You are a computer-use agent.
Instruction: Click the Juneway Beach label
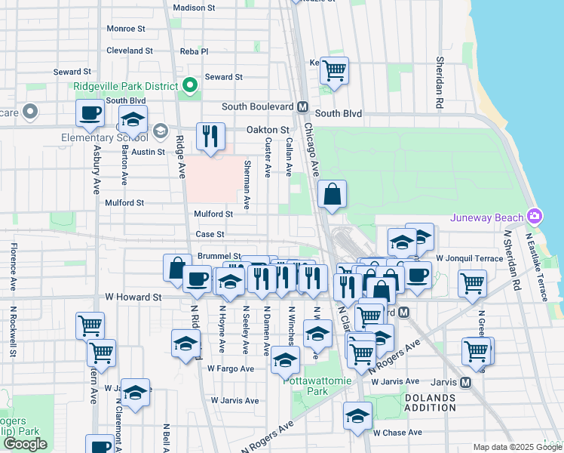487,218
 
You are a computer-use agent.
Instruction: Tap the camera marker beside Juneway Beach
535,217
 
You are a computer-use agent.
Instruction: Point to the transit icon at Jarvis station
465,382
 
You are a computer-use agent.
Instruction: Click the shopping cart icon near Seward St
334,72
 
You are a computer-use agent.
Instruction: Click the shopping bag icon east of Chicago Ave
332,195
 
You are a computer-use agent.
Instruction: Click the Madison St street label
194,8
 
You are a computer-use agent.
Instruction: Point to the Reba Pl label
194,51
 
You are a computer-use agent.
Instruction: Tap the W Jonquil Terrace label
468,258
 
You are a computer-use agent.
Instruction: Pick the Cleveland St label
130,51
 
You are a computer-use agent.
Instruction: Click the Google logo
25,444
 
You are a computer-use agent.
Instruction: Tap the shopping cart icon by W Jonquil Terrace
472,284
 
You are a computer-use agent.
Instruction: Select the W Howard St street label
133,298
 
